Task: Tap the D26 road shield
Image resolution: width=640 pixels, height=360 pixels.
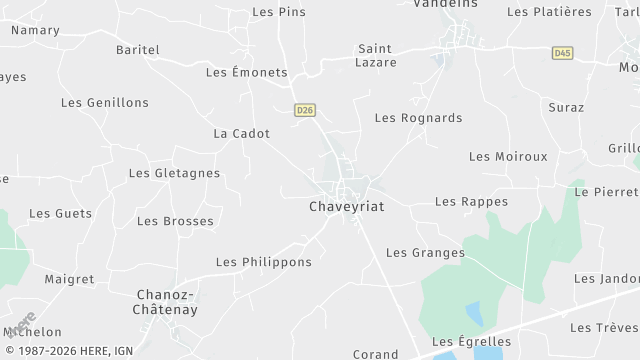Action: pyautogui.click(x=305, y=111)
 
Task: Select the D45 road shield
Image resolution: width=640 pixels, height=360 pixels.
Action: pyautogui.click(x=562, y=52)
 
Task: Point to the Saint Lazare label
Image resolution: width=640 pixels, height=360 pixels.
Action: pyautogui.click(x=377, y=55)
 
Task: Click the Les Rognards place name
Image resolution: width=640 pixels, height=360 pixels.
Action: pyautogui.click(x=418, y=118)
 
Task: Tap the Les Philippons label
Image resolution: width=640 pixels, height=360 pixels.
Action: pyautogui.click(x=264, y=262)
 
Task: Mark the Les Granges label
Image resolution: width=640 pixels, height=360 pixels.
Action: pyautogui.click(x=425, y=253)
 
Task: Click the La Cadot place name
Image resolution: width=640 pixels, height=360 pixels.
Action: pyautogui.click(x=242, y=133)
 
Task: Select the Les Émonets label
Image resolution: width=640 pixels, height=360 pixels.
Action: pyautogui.click(x=246, y=73)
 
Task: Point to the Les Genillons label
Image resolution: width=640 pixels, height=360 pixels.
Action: pyautogui.click(x=105, y=103)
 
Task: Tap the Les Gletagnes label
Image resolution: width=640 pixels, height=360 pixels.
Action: pyautogui.click(x=174, y=173)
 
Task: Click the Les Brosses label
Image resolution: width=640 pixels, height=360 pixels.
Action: pyautogui.click(x=175, y=221)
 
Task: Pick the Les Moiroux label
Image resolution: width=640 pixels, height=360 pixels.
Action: pyautogui.click(x=508, y=157)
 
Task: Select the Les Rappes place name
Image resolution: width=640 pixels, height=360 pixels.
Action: pyautogui.click(x=471, y=202)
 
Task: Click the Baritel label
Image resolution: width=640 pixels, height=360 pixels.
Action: pyautogui.click(x=138, y=49)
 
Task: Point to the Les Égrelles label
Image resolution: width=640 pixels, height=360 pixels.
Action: pyautogui.click(x=471, y=342)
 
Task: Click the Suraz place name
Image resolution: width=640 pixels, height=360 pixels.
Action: pyautogui.click(x=566, y=106)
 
